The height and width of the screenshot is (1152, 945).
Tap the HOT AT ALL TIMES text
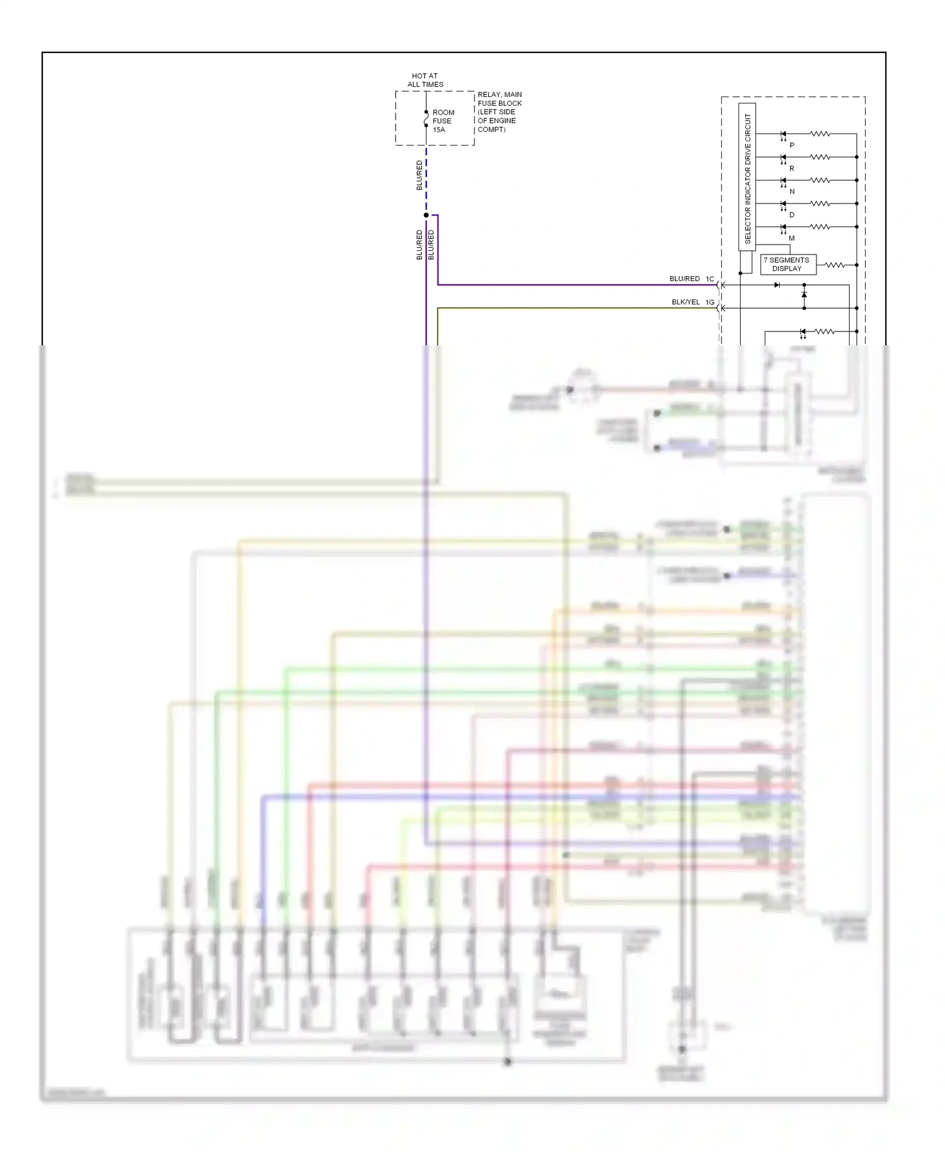pyautogui.click(x=425, y=80)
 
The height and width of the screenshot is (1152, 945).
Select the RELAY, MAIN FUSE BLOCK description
pyautogui.click(x=499, y=112)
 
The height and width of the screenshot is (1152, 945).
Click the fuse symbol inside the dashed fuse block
pyautogui.click(x=427, y=118)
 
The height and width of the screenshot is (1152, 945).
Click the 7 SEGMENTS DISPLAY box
pyautogui.click(x=787, y=265)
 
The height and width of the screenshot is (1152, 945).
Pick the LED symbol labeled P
pyautogui.click(x=783, y=134)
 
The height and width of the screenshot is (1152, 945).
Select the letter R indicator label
pyautogui.click(x=792, y=169)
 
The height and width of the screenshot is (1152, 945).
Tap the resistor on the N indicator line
pyautogui.click(x=820, y=180)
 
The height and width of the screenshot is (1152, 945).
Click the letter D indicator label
pyautogui.click(x=792, y=215)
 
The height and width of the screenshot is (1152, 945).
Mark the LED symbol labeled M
pyautogui.click(x=783, y=227)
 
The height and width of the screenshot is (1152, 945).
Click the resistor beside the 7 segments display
pyautogui.click(x=835, y=265)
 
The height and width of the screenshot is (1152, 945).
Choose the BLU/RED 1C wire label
pyautogui.click(x=691, y=279)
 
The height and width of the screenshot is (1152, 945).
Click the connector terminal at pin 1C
pyautogui.click(x=721, y=285)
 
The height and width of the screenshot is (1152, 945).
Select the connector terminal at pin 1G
pyautogui.click(x=721, y=308)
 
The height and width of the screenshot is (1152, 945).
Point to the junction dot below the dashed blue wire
pyautogui.click(x=427, y=216)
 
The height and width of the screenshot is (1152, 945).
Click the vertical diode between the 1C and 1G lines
pyautogui.click(x=804, y=295)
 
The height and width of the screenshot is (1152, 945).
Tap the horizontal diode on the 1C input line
pyautogui.click(x=777, y=285)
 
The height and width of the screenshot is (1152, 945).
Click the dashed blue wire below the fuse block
pyautogui.click(x=427, y=180)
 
